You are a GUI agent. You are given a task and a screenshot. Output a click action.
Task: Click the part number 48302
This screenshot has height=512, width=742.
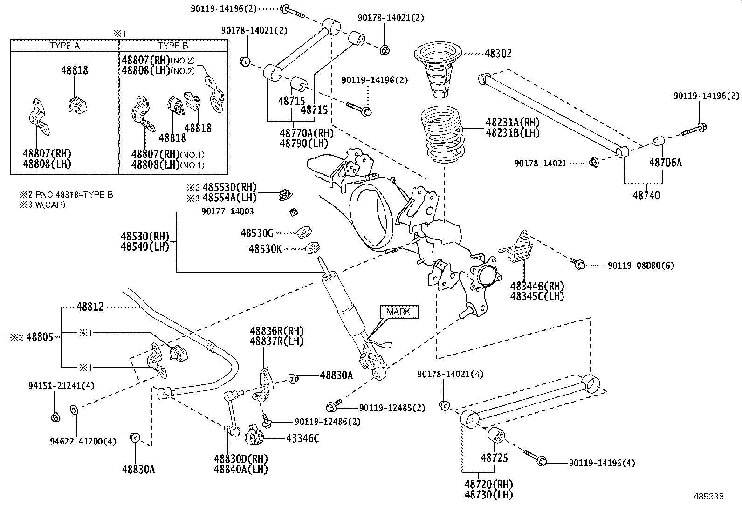click(x=498, y=54)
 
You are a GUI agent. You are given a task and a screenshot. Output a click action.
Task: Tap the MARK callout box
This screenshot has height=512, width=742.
click(x=398, y=312)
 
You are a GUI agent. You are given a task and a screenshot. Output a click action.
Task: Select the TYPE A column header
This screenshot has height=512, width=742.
click(x=64, y=46)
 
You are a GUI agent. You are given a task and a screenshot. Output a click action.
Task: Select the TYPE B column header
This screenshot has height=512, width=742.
click(x=173, y=46)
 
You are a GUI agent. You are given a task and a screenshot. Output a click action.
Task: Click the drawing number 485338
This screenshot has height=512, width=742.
click(x=708, y=497)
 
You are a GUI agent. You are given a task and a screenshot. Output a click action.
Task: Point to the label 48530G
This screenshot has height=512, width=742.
click(x=257, y=232)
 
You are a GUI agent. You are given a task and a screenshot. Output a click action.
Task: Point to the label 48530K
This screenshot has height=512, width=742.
click(x=265, y=249)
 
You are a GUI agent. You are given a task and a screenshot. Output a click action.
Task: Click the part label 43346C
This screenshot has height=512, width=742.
click(x=303, y=438)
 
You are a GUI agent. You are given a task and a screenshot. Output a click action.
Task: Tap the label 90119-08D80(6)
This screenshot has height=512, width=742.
click(x=640, y=266)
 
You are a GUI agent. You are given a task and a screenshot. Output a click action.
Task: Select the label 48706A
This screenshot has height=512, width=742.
click(x=665, y=163)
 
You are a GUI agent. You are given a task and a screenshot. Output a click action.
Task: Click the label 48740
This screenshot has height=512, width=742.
click(x=646, y=196)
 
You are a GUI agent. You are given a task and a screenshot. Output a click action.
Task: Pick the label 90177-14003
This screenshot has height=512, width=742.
click(x=227, y=212)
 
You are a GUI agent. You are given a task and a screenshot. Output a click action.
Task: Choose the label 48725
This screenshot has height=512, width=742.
click(x=494, y=458)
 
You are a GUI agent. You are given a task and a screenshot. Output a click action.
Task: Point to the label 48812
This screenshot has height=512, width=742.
click(x=90, y=307)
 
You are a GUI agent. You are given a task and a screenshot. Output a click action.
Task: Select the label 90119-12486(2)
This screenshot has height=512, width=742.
click(x=327, y=422)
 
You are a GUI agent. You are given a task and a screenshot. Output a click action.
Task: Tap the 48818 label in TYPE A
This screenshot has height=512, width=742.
click(x=74, y=70)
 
